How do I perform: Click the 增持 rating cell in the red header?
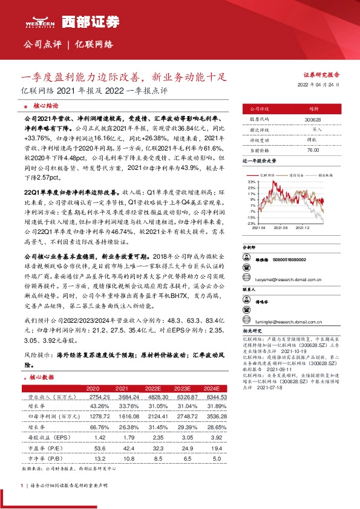click(x=313, y=108)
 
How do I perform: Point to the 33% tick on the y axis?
click(x=250, y=181)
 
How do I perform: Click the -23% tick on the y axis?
click(x=250, y=223)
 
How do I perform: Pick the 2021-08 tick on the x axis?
click(x=280, y=228)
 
